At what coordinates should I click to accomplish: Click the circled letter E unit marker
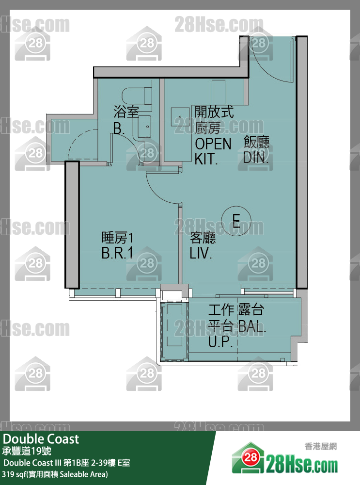coord(236,221)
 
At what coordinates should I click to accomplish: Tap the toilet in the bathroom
coord(138,95)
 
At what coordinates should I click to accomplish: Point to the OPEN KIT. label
coord(213,151)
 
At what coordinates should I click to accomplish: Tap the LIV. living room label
coord(201,253)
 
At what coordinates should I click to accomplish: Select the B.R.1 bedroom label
coord(117,254)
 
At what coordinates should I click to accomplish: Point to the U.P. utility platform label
coord(220,343)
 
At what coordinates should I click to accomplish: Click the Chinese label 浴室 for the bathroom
coord(126,112)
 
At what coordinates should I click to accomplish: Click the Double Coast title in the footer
coord(41,439)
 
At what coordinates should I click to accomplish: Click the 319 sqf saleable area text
coord(56,474)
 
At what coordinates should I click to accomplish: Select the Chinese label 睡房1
coord(117,238)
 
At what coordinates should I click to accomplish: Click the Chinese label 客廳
coord(203,238)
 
